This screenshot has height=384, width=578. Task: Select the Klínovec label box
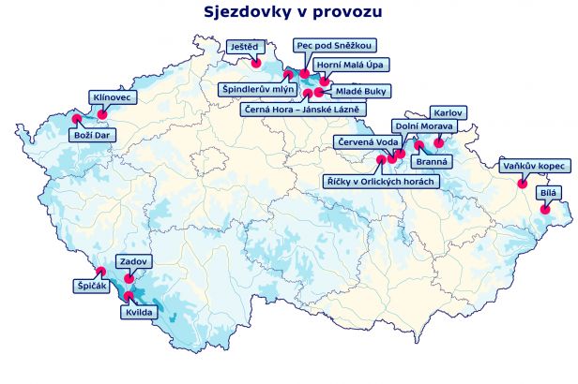pos(114,97)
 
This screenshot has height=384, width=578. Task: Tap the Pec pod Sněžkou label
pos(335,45)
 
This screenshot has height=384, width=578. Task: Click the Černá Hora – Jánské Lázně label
pos(304,110)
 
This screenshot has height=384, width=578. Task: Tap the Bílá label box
pos(548,194)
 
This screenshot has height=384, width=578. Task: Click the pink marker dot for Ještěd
pos(256,63)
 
